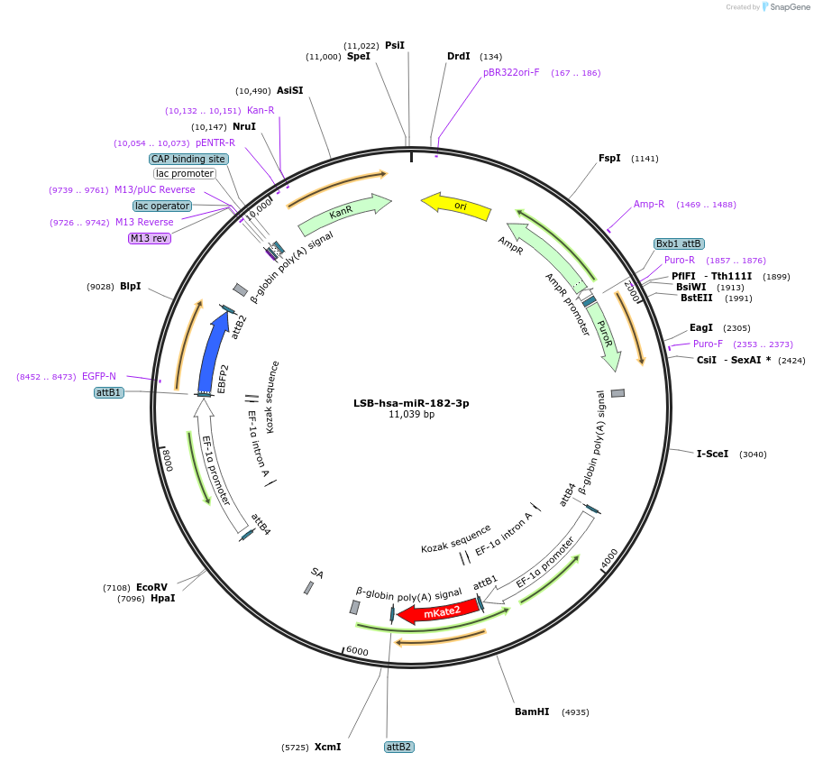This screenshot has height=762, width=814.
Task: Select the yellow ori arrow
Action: (x=457, y=207)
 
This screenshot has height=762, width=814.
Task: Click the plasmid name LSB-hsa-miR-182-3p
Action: (x=411, y=403)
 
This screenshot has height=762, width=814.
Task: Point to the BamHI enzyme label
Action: (x=532, y=712)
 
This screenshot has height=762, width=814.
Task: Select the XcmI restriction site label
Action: (x=327, y=747)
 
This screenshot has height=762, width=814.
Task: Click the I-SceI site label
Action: (x=712, y=454)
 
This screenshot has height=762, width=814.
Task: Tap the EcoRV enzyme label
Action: (x=152, y=587)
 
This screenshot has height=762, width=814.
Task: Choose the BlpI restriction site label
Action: (x=131, y=286)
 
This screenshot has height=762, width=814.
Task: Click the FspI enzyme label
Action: (x=609, y=158)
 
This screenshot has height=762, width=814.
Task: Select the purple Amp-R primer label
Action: (x=649, y=204)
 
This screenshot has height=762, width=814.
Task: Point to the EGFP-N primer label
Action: (x=99, y=376)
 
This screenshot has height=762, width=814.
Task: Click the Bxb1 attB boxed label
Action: (x=679, y=243)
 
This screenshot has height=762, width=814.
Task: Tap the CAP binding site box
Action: (x=188, y=159)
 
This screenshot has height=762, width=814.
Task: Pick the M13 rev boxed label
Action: (x=149, y=238)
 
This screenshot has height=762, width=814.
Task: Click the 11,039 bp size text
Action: (x=411, y=415)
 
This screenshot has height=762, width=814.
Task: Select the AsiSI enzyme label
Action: (x=289, y=90)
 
